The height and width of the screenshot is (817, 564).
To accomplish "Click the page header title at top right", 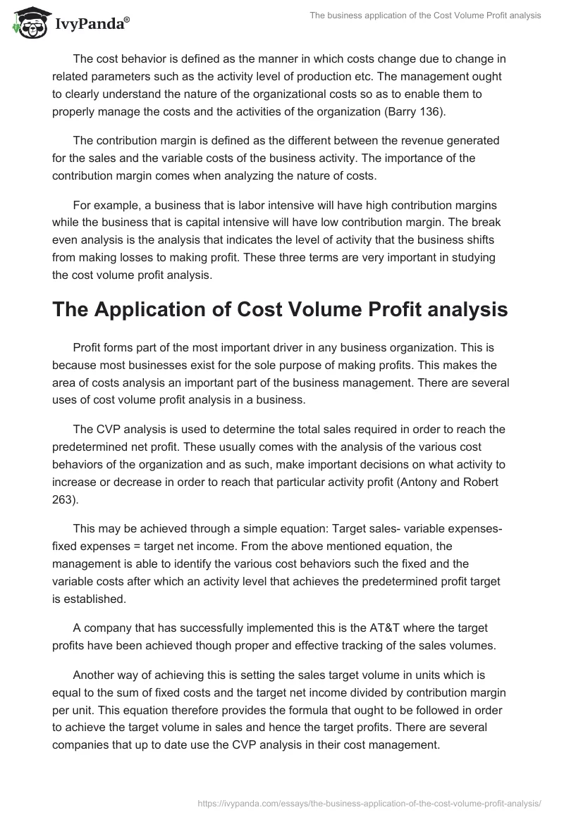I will pos(425,15).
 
